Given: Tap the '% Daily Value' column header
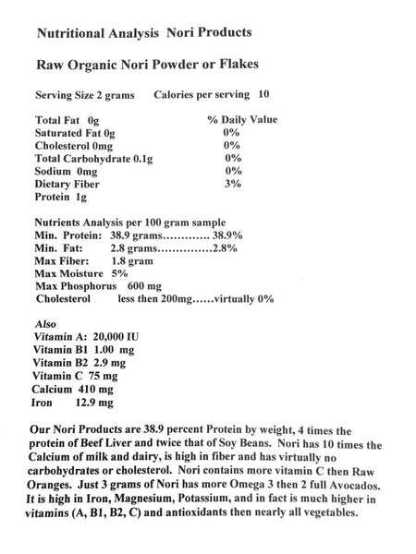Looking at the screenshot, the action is [242, 120].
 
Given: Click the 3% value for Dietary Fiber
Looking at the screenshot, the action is [232, 185].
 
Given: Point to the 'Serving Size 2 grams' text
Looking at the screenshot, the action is [82, 95].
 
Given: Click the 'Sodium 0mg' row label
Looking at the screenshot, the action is [67, 172].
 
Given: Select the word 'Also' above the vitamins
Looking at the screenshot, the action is [45, 326].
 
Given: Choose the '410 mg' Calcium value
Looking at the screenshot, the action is [102, 391].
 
